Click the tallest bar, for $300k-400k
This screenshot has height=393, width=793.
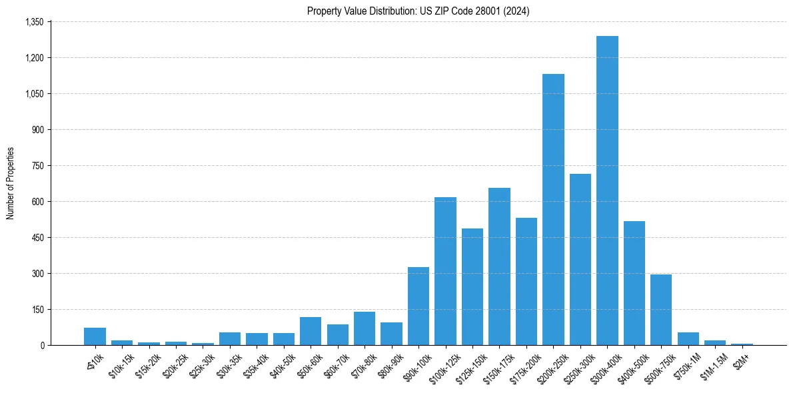(x=607, y=191)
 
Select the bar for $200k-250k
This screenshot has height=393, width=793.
(x=553, y=209)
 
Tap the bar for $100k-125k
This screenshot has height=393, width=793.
(x=445, y=271)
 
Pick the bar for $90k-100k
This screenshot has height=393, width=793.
(x=418, y=306)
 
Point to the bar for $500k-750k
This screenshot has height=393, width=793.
(x=661, y=310)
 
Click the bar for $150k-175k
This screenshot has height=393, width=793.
(x=499, y=266)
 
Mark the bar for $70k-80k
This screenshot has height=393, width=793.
(x=365, y=328)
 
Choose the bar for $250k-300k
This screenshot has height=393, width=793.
(x=580, y=259)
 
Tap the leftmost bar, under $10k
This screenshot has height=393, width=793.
(x=95, y=336)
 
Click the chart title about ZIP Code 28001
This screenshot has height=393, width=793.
(x=418, y=11)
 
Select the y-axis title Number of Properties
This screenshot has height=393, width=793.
(x=11, y=183)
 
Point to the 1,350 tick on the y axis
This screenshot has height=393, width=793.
(x=34, y=22)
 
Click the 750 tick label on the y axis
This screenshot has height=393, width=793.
(x=37, y=166)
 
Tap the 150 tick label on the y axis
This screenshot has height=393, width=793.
(x=37, y=310)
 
